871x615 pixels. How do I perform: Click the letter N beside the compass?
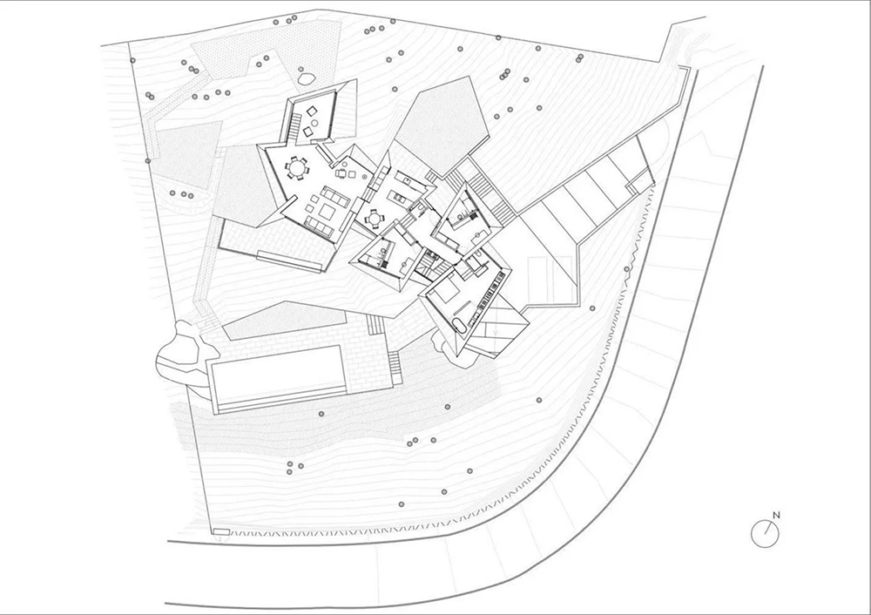777,515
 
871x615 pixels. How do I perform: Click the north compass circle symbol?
765,534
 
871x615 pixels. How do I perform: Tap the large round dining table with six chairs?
296,167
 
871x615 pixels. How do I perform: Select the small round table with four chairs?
374,218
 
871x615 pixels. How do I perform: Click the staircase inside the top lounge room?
294,127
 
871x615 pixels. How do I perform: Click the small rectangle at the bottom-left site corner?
220,531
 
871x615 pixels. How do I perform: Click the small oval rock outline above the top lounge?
307,78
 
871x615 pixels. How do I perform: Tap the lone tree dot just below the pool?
321,413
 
